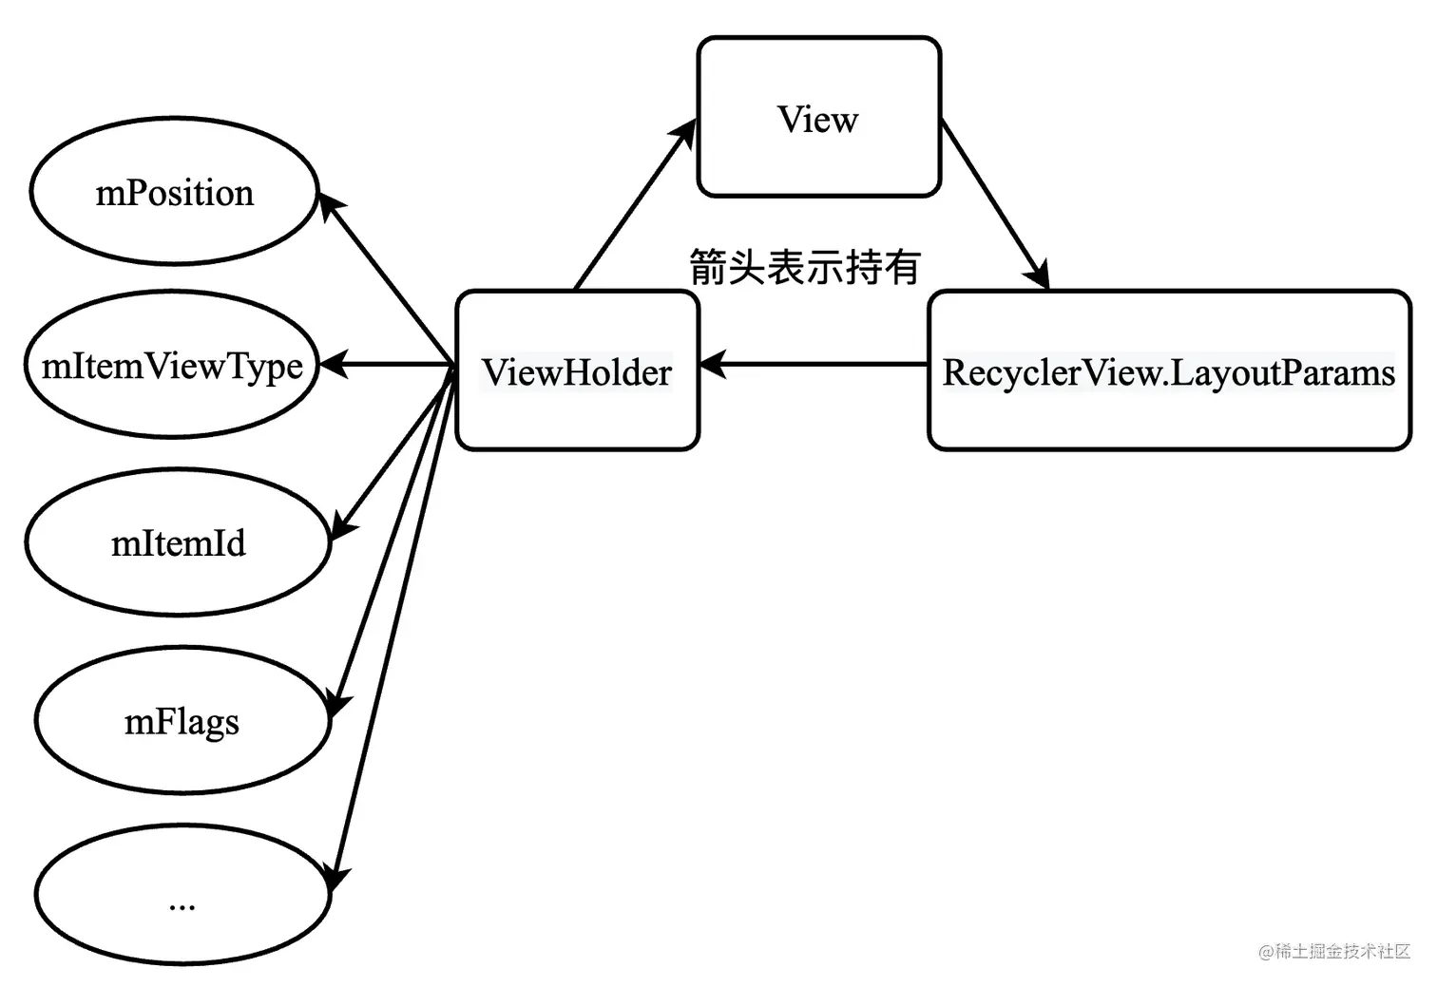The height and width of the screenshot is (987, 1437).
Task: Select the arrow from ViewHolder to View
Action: coord(636,204)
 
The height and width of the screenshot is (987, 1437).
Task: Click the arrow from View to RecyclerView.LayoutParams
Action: coord(994,204)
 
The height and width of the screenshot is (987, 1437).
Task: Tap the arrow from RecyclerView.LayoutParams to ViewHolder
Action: coord(814,364)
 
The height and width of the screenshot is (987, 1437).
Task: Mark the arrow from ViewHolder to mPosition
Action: coord(386,279)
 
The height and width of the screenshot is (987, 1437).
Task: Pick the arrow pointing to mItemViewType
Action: coord(387,364)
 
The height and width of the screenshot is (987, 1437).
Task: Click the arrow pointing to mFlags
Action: coord(392,541)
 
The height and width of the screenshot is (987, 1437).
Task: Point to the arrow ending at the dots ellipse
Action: coord(393,629)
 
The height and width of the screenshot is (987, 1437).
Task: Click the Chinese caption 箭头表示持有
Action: coord(805,266)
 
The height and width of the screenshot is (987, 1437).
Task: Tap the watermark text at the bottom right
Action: coord(1334,951)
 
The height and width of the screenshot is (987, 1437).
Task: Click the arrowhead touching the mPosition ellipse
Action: coord(331,206)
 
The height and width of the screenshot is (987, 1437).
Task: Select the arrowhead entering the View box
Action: coord(684,133)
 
